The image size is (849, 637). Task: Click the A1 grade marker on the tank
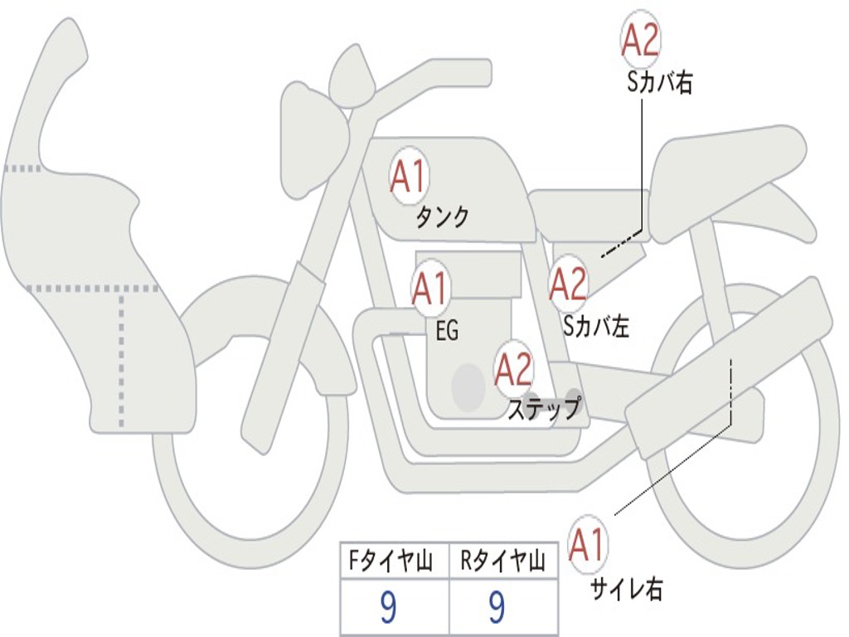[408, 177]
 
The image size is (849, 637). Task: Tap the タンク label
[442, 217]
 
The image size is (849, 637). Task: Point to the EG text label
[447, 332]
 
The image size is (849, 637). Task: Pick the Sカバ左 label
[596, 327]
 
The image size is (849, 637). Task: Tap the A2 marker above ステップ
[513, 369]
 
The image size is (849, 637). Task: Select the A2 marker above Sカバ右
[640, 38]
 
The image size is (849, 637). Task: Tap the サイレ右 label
[626, 589]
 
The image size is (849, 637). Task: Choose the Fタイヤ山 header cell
[392, 562]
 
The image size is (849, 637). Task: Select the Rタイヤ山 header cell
[502, 562]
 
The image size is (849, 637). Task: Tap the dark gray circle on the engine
[468, 387]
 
